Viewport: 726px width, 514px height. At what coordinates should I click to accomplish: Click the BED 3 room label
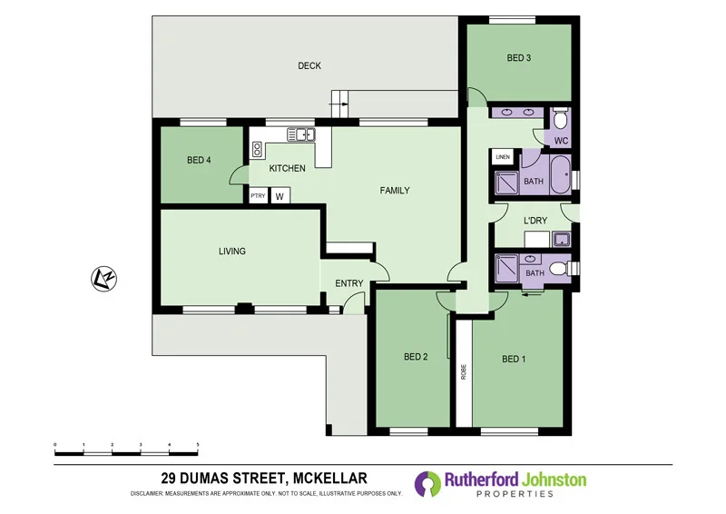[518, 58]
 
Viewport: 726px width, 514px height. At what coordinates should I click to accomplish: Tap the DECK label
[309, 65]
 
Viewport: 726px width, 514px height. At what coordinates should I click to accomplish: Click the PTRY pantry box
[258, 195]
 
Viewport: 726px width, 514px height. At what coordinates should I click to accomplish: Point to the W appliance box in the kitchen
[280, 195]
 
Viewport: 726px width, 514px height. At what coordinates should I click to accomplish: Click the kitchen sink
[300, 135]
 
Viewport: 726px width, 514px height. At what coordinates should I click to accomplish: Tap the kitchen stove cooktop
[258, 149]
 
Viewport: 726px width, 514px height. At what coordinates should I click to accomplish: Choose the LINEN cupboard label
[504, 158]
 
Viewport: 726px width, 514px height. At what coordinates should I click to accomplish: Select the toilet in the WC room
[560, 121]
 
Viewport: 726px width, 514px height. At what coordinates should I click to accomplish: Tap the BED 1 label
[514, 359]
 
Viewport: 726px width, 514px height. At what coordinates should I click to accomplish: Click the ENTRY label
[349, 283]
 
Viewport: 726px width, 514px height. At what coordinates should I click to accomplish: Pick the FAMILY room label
[394, 191]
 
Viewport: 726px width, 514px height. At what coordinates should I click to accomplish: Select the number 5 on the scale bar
[198, 445]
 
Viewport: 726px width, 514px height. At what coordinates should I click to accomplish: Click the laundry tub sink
[563, 241]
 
